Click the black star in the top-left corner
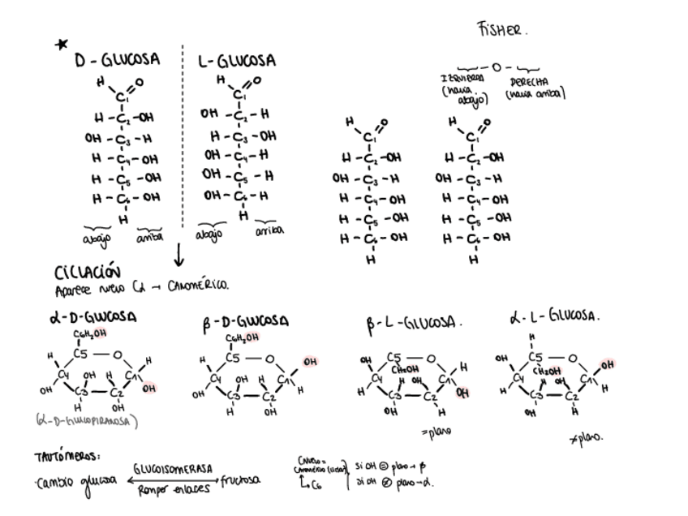(x=62, y=44)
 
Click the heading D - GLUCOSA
(x=117, y=60)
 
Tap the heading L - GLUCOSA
(x=237, y=61)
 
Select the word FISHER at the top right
(x=502, y=30)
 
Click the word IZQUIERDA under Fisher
(x=462, y=78)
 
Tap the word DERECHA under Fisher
(x=531, y=82)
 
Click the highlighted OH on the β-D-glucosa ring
(x=310, y=362)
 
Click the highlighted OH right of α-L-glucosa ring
(x=608, y=364)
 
